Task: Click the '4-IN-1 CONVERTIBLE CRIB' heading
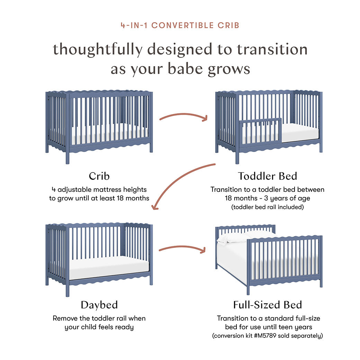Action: [180, 25]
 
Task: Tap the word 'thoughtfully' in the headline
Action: [97, 49]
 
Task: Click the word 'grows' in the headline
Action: [228, 69]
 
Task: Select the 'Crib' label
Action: [99, 176]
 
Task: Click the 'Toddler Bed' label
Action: [267, 176]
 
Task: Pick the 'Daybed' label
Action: [99, 305]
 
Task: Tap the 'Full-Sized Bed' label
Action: [267, 305]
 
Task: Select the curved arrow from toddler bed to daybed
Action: [180, 183]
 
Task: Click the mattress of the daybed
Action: [109, 267]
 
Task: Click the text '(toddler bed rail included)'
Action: [267, 207]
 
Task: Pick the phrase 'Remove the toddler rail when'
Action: [99, 318]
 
